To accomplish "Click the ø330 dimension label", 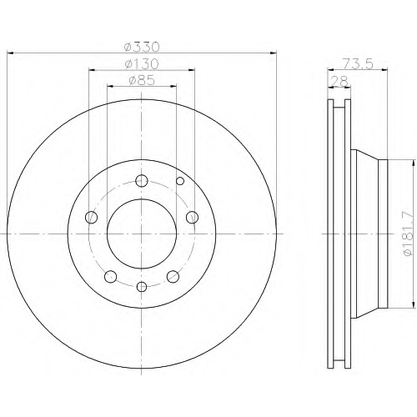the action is pos(142,47).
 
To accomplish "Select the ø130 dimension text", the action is pos(142,64).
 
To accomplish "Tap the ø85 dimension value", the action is pos(142,80).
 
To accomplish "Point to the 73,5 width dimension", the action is pos(357,64).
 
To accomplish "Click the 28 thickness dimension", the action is pos(339,82).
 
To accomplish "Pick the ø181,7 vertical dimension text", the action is pos(408,234).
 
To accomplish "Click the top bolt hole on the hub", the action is pos(142,181).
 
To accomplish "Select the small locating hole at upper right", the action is pos(180,181).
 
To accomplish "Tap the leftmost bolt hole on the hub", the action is pos(91,217).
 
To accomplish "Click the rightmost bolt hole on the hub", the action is pos(192,217).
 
